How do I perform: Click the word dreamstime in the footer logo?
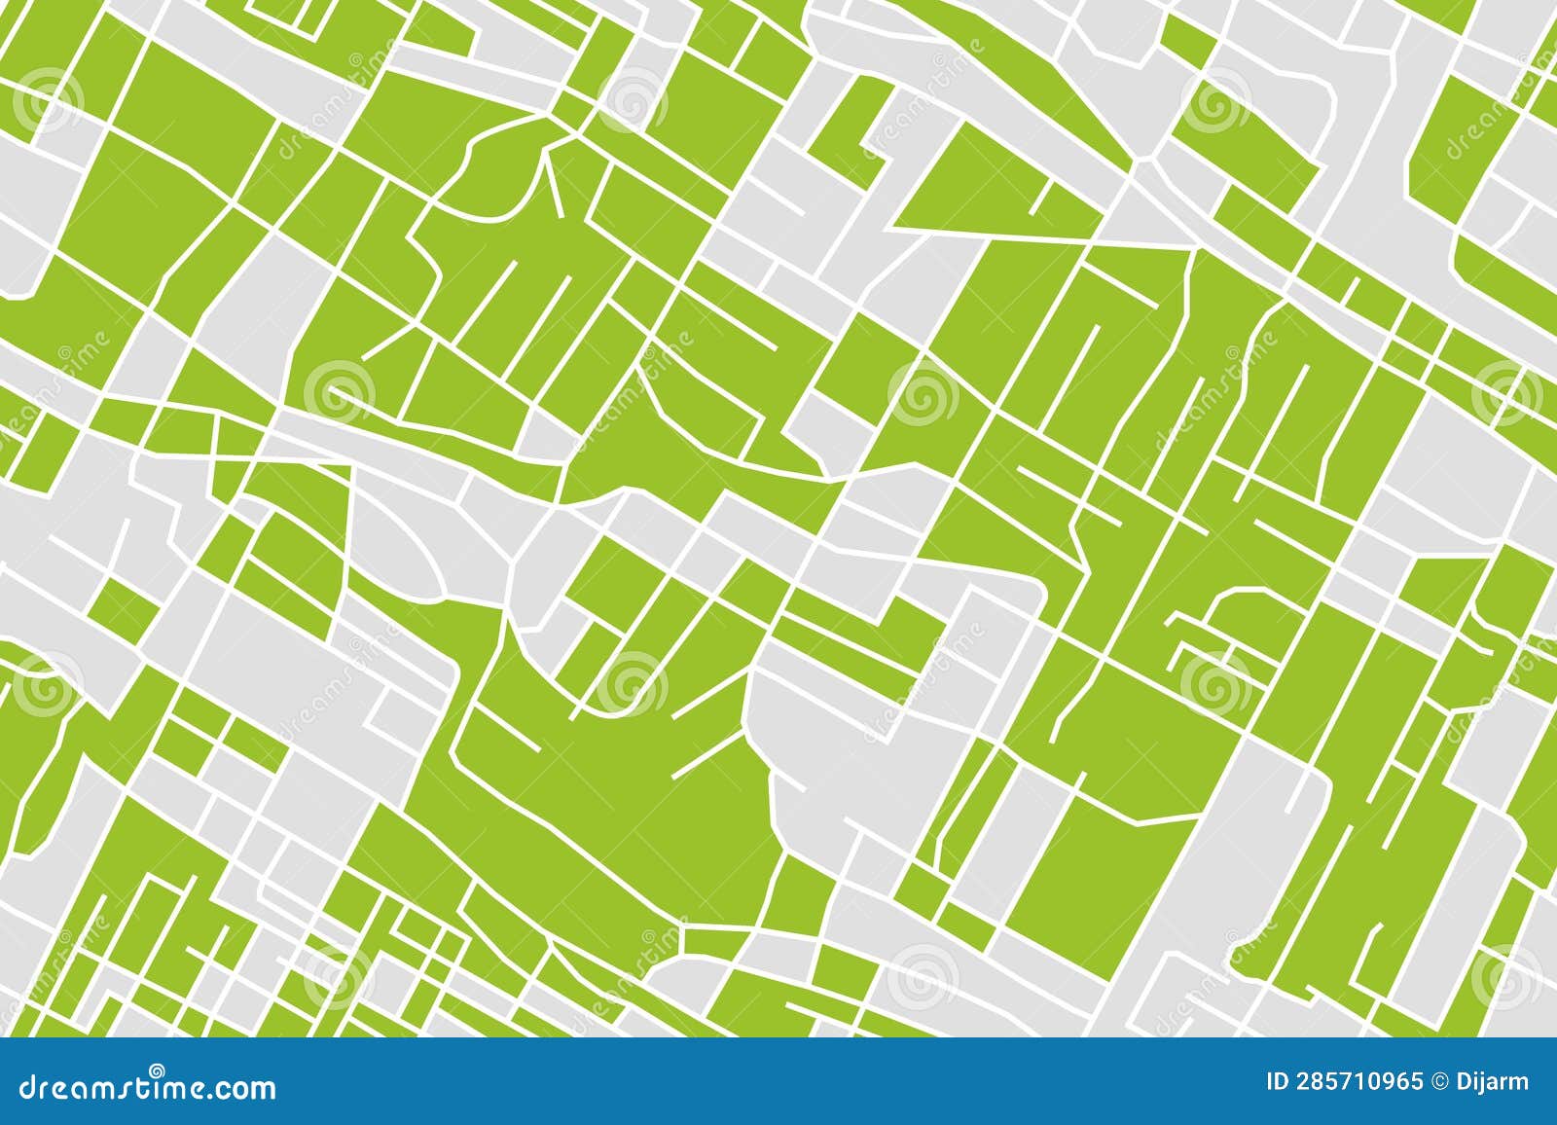coord(112,1086)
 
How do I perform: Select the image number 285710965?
coord(1359,1082)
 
